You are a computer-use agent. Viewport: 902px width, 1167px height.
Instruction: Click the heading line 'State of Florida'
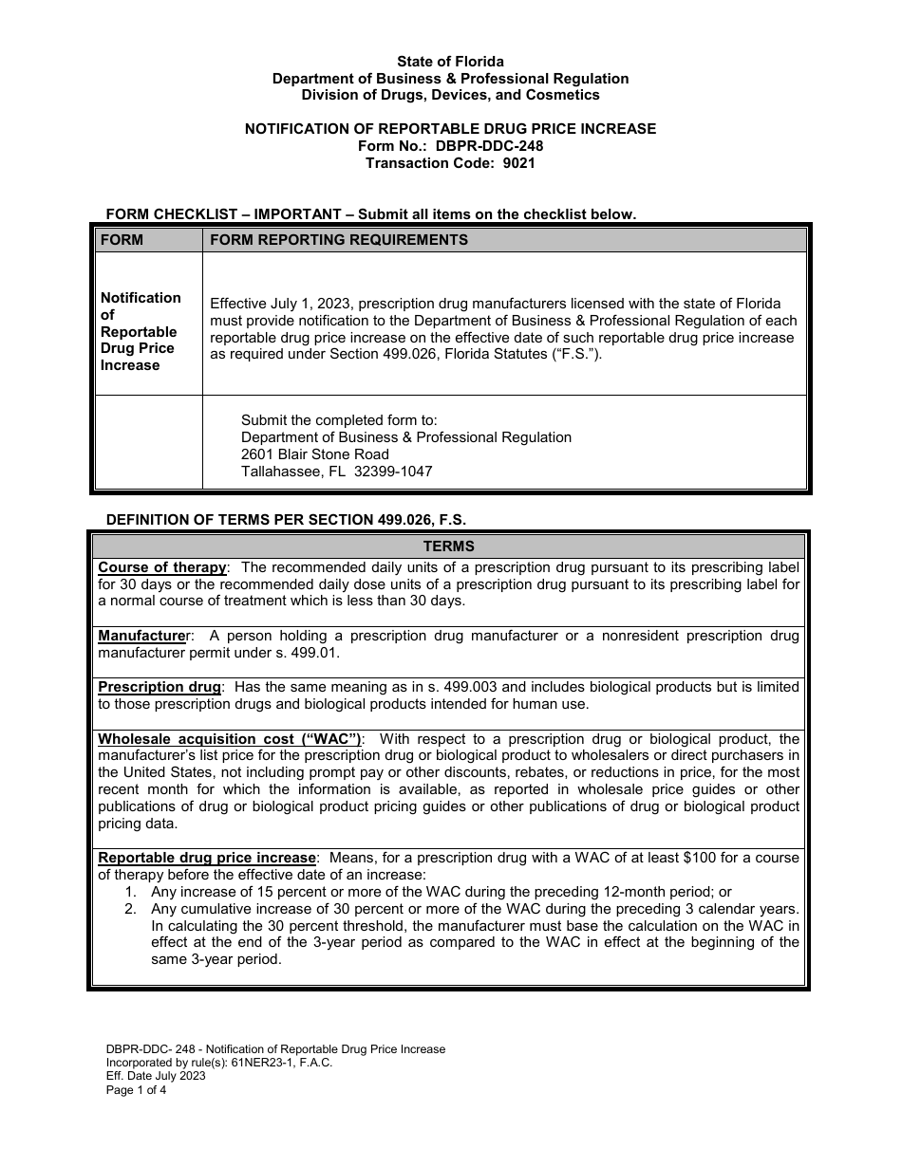point(450,62)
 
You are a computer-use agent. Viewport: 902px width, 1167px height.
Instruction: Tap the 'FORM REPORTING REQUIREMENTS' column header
point(338,240)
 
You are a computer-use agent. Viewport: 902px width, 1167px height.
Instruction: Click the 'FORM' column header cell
point(122,240)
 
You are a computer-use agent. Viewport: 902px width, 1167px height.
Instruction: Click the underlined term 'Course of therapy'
point(162,567)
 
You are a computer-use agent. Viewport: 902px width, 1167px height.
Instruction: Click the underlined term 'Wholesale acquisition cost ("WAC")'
point(231,739)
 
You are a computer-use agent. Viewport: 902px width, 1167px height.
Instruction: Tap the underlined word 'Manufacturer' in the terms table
point(141,636)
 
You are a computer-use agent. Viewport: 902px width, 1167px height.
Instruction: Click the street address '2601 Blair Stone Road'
point(314,454)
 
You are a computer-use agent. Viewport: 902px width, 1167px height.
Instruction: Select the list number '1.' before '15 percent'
point(131,892)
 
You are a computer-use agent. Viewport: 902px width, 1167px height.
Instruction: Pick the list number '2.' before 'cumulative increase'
point(131,908)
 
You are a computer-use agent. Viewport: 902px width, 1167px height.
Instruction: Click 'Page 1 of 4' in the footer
point(136,1090)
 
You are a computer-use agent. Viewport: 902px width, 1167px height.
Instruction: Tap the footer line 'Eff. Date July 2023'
point(156,1076)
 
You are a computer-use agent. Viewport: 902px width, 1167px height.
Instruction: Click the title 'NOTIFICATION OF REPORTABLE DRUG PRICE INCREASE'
point(450,129)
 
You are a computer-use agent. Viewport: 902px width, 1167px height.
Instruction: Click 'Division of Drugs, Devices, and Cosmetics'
point(450,95)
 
